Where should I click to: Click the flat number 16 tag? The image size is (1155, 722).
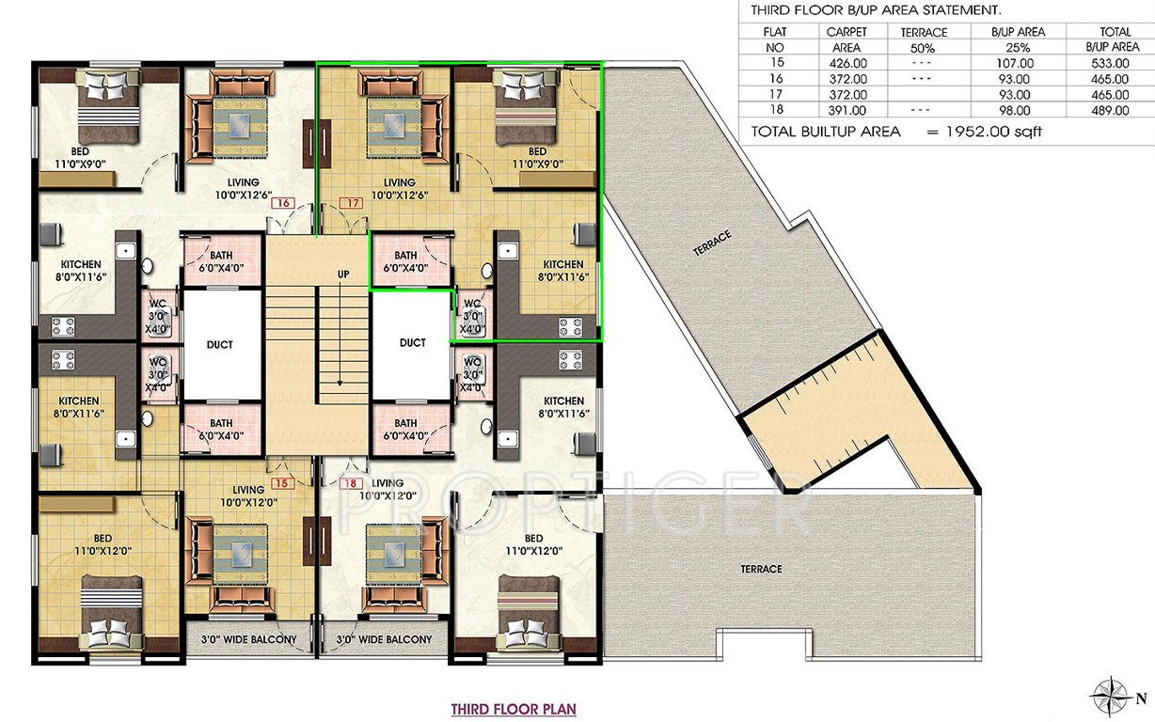[x=280, y=202]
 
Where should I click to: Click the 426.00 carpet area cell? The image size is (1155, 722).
[x=847, y=63]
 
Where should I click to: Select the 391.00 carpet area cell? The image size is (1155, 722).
[x=847, y=111]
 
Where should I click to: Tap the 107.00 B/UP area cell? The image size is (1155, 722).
[x=1019, y=63]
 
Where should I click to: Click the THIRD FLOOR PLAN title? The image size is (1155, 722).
[x=514, y=708]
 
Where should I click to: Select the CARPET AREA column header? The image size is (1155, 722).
[x=847, y=39]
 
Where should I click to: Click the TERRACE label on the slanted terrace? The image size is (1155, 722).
[x=712, y=243]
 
